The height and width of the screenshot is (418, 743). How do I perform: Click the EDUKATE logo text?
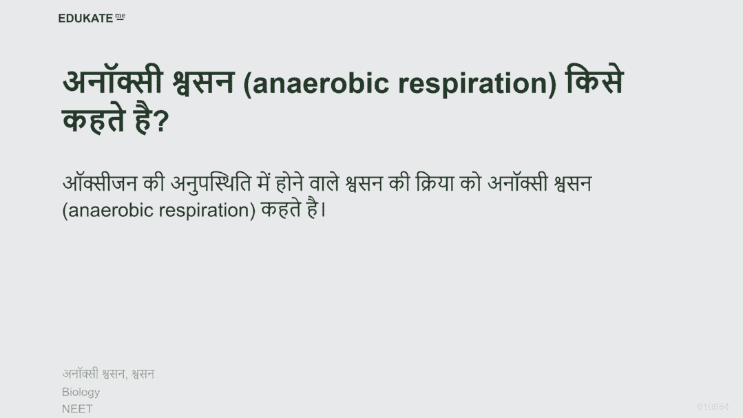click(x=85, y=18)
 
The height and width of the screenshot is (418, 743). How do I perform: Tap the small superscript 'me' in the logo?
click(x=120, y=17)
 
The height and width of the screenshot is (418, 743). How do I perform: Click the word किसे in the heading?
click(x=594, y=81)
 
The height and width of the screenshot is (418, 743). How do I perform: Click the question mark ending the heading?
click(x=162, y=121)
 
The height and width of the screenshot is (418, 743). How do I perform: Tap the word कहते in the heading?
click(x=94, y=119)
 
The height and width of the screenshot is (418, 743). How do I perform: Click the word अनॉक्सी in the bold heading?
click(x=113, y=81)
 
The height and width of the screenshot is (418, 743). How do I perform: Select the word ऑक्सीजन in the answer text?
click(x=100, y=182)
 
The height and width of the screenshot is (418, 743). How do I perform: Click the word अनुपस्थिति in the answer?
click(x=211, y=183)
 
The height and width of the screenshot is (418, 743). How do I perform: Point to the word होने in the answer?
click(x=289, y=182)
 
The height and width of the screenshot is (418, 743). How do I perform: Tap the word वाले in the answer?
click(x=324, y=182)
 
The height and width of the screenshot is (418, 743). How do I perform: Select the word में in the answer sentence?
click(x=264, y=182)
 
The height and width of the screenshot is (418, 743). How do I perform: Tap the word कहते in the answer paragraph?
click(x=281, y=209)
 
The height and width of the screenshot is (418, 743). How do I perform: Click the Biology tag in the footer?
click(x=81, y=393)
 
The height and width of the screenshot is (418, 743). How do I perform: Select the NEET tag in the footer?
click(x=77, y=409)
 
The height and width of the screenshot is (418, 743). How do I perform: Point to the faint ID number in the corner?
click(x=713, y=407)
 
